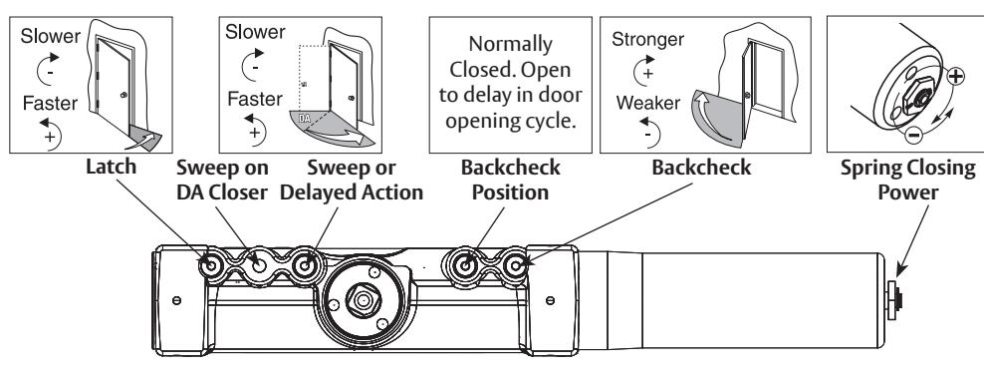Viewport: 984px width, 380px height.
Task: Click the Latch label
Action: click(112, 168)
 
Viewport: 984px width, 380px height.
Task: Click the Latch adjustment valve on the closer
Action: click(211, 265)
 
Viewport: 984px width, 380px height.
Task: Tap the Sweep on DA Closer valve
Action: click(259, 265)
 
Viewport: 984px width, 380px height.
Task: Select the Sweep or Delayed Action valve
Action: click(305, 265)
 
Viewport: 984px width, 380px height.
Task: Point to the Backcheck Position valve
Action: click(465, 265)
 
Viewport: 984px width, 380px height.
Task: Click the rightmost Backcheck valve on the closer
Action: click(515, 265)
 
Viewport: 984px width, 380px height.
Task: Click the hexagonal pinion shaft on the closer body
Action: click(363, 299)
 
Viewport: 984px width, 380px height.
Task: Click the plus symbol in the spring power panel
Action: click(955, 77)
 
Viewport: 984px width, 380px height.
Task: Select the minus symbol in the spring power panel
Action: click(913, 134)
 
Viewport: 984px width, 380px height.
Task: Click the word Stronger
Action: click(647, 40)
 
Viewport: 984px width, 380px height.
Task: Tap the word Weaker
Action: click(648, 103)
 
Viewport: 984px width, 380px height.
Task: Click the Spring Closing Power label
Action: click(907, 180)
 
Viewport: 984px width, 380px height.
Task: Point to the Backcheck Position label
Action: click(510, 180)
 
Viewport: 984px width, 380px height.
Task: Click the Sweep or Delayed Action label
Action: click(352, 180)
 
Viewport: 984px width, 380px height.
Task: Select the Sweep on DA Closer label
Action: click(222, 180)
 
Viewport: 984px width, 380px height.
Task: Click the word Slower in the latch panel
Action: click(50, 36)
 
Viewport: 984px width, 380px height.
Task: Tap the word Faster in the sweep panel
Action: click(255, 99)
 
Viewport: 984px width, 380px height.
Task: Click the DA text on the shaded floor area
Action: click(305, 118)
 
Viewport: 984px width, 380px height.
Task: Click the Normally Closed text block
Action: click(510, 82)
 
